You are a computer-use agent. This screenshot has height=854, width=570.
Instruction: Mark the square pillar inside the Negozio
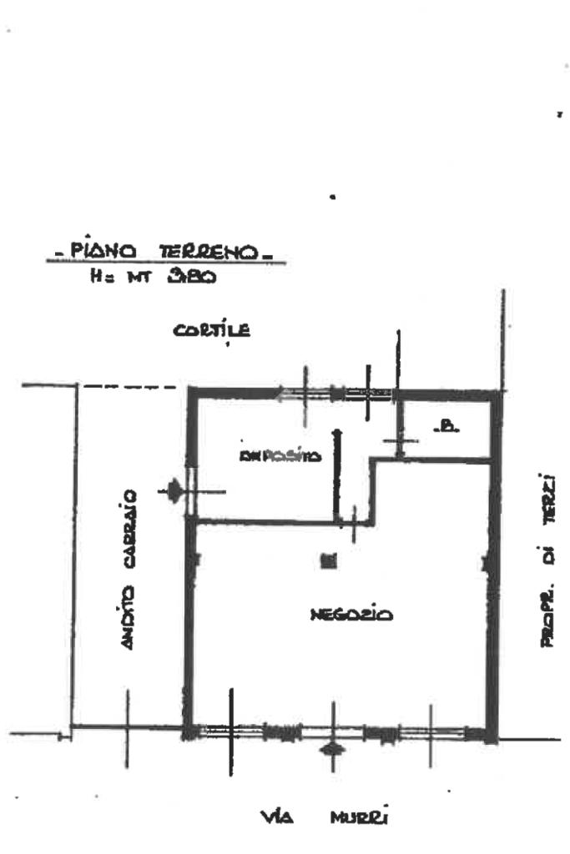(x=329, y=561)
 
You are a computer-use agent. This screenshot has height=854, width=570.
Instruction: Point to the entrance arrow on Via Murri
(x=333, y=749)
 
